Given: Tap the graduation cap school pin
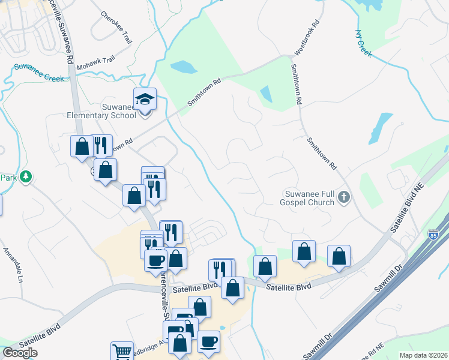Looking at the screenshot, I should (144, 98).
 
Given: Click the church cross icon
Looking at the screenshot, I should (344, 197).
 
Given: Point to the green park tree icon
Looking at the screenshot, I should (25, 176).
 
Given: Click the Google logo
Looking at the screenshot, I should (20, 353).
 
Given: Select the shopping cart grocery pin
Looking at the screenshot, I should (122, 352).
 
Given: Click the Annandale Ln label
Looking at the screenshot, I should (13, 257).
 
